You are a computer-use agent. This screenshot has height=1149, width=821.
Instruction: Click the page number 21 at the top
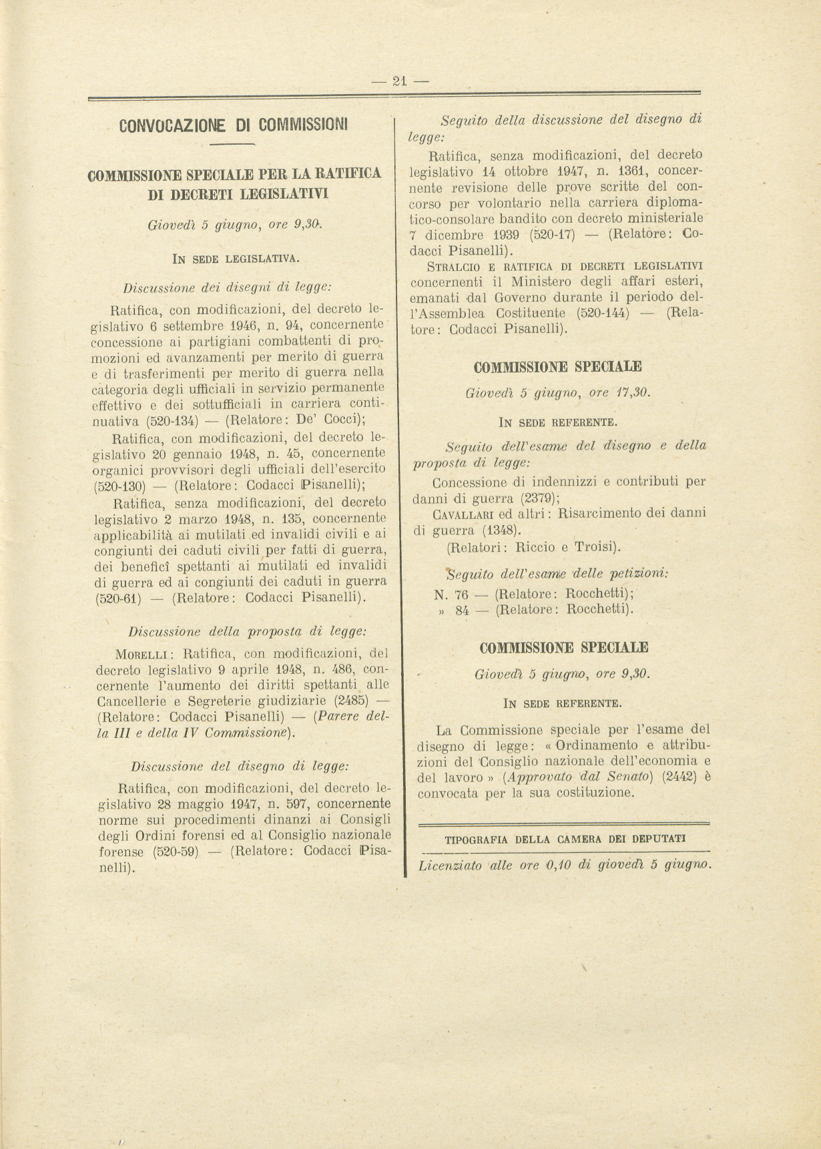tap(400, 81)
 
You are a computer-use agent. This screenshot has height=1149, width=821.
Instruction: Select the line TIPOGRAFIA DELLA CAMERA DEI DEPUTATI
tap(565, 839)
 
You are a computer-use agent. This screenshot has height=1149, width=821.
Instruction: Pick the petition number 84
tap(462, 610)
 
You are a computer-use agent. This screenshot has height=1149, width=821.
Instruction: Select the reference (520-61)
tap(119, 598)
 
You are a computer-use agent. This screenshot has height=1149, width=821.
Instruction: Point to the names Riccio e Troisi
tap(568, 548)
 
